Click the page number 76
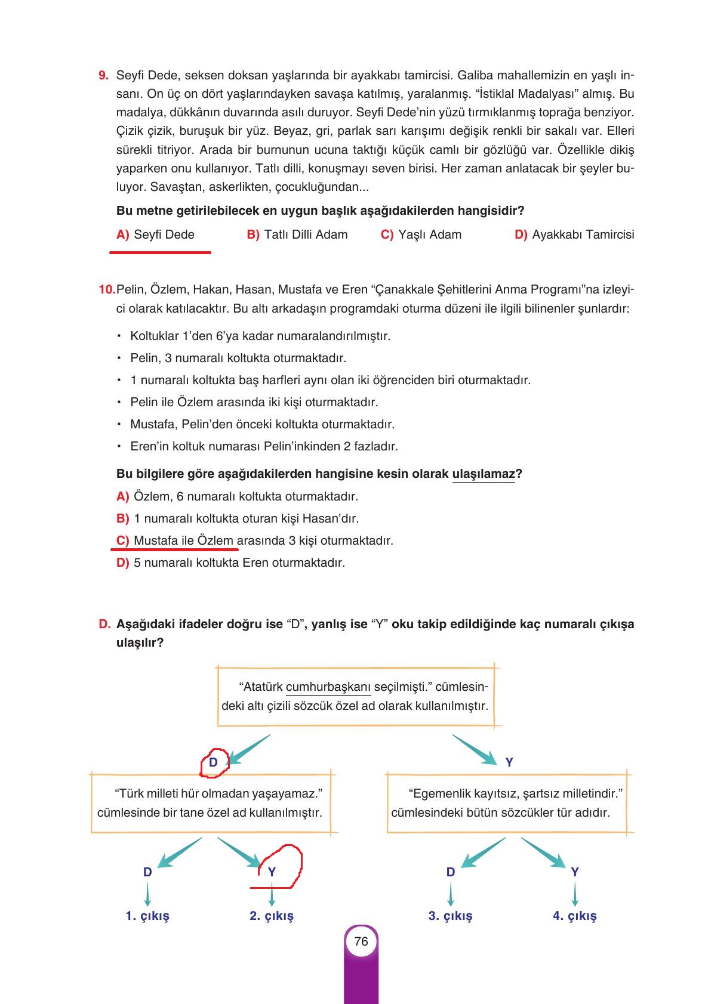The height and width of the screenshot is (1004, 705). click(x=361, y=941)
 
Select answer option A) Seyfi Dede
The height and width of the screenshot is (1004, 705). click(x=155, y=234)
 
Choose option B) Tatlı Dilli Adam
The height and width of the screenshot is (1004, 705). click(x=297, y=234)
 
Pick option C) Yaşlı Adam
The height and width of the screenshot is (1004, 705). click(x=421, y=234)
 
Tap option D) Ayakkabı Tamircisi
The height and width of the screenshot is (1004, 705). click(x=574, y=234)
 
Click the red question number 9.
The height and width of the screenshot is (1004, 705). click(x=103, y=75)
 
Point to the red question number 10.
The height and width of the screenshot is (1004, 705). click(x=106, y=290)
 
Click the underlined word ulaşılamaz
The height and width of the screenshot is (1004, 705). click(x=484, y=474)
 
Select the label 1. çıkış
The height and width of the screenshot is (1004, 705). click(x=147, y=916)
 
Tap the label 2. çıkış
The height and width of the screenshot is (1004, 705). click(x=272, y=916)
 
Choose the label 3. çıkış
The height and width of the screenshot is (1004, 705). click(x=450, y=916)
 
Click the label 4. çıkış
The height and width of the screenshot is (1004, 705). click(x=574, y=916)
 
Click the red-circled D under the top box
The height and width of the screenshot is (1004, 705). click(x=213, y=762)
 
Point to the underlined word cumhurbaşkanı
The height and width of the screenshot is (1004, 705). click(x=328, y=687)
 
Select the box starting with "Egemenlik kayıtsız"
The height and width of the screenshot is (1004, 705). click(x=507, y=803)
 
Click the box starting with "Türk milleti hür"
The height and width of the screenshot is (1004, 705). click(x=213, y=803)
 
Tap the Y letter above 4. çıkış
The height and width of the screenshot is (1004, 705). click(x=574, y=872)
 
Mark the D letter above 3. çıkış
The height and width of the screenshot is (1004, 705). click(x=450, y=872)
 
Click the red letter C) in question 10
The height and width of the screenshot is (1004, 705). click(x=122, y=540)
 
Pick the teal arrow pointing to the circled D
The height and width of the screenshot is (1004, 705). click(x=250, y=749)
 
